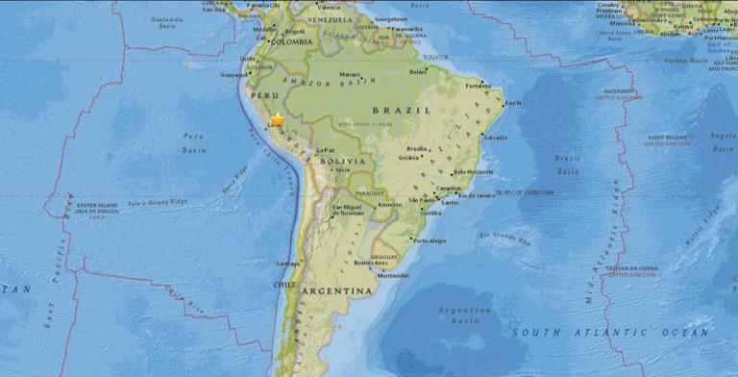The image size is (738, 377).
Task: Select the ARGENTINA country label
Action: tap(336, 290)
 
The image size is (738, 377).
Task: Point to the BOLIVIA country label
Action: tap(344, 161)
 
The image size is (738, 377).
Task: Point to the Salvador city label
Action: tap(496, 138)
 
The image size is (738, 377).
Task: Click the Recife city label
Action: tap(514, 103)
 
